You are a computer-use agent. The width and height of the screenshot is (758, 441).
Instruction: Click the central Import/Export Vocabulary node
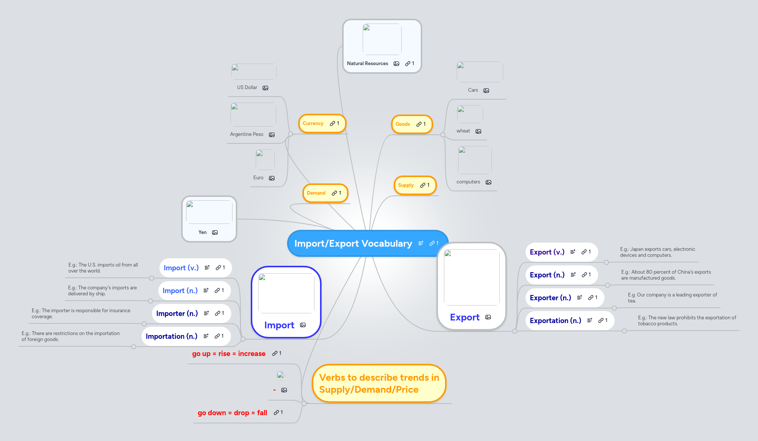coord(353,244)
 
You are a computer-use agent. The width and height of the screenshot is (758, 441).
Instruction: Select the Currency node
coord(313,124)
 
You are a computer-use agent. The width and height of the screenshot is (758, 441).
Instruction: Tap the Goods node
coord(403,124)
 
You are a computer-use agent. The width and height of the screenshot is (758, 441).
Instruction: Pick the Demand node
coord(316,193)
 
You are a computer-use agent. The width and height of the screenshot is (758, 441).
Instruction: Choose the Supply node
coord(406,185)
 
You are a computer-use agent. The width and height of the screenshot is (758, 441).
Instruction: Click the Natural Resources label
coord(367,64)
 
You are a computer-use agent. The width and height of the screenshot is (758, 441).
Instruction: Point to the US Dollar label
coord(247,88)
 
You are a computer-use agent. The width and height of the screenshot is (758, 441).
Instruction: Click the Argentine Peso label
coord(247,134)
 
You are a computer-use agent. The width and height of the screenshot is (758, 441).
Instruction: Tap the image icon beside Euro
coord(272,178)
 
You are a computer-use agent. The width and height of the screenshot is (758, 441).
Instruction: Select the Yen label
coord(203,232)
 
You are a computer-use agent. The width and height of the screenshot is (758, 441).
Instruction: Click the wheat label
coord(463,131)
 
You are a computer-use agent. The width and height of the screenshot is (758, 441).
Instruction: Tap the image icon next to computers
coord(488,182)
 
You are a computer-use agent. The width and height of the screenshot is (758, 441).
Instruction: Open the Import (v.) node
coord(181,268)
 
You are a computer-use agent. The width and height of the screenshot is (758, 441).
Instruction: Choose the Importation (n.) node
coord(171,337)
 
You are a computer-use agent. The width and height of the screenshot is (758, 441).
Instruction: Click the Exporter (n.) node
coord(550,298)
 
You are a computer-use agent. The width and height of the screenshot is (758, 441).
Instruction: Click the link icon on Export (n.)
coord(584,275)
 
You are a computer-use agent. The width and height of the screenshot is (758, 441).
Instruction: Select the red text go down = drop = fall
coord(232,413)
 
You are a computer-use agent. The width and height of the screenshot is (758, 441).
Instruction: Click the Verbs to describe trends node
coord(379,384)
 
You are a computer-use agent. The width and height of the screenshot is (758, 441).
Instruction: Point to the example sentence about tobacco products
coord(687,321)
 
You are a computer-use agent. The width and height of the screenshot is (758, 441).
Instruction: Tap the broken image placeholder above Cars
coord(480,72)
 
